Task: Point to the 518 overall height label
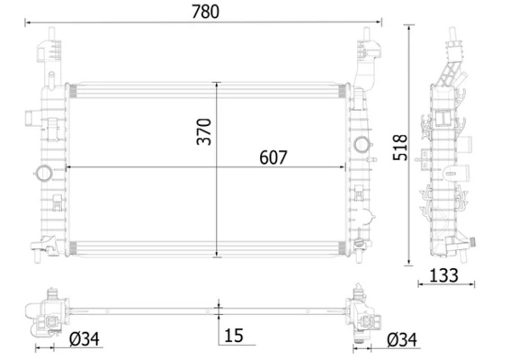[x=400, y=148]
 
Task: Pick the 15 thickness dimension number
[x=234, y=336]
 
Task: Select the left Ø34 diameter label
[x=84, y=339]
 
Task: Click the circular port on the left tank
[x=42, y=173]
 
